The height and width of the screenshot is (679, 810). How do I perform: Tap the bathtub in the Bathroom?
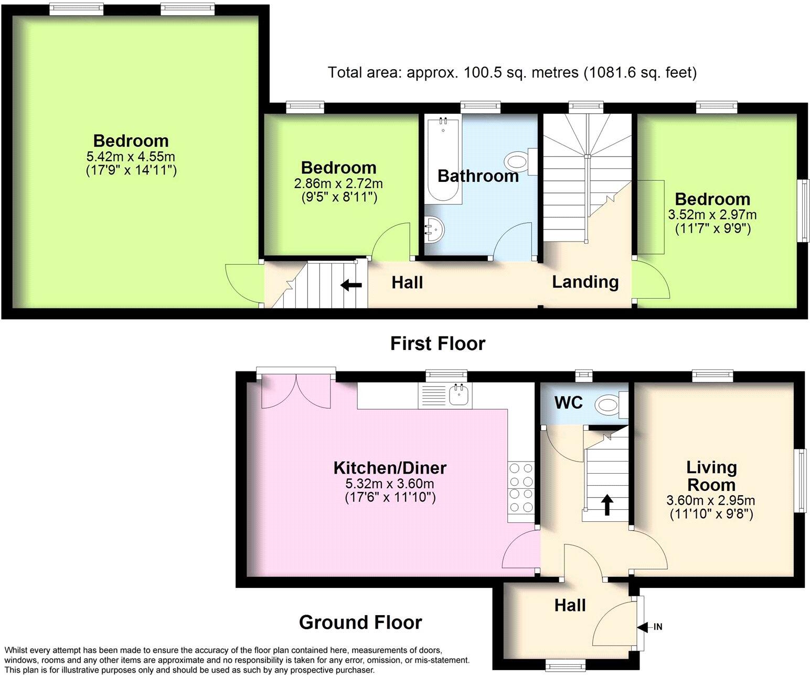coord(443,160)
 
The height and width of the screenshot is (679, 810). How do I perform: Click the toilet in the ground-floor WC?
coord(610,404)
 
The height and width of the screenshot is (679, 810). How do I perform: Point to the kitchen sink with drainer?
coord(445,396)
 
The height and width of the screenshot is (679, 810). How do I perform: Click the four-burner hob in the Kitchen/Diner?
coord(521,487)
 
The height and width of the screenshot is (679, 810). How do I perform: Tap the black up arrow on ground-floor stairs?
coord(606,505)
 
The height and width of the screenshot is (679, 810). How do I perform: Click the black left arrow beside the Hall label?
coord(351,285)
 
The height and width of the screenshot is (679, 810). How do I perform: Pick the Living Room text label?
coord(711,476)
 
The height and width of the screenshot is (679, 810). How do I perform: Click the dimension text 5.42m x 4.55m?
coord(131,156)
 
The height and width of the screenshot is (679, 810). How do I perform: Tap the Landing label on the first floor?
coord(585,282)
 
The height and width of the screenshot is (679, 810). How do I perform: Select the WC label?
coord(569,402)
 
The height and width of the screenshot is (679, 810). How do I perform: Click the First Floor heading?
coord(438,344)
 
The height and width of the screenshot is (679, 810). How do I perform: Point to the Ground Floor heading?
coord(360,622)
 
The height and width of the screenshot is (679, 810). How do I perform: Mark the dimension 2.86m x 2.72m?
coord(338,184)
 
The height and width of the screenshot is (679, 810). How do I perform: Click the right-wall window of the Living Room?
coord(802,480)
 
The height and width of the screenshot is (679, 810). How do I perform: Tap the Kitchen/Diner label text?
coord(390,467)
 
